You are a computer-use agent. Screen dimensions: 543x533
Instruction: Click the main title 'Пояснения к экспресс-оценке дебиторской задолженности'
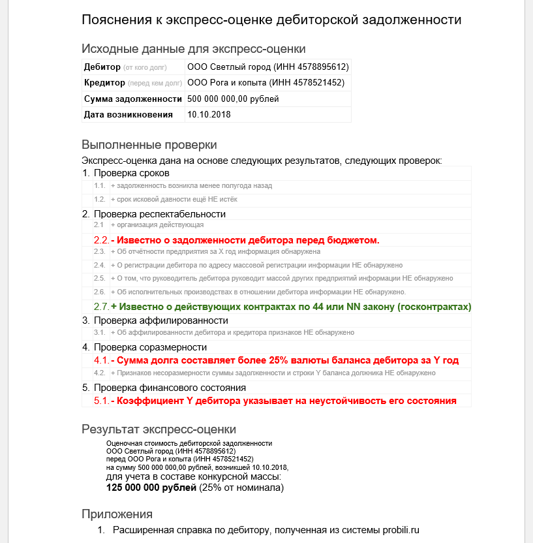pyautogui.click(x=271, y=20)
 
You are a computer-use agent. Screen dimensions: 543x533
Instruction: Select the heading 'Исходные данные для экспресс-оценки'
pyautogui.click(x=193, y=48)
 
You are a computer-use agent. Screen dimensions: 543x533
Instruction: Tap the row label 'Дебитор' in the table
pyautogui.click(x=102, y=67)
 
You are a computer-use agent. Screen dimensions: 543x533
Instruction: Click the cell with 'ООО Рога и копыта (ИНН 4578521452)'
pyautogui.click(x=266, y=83)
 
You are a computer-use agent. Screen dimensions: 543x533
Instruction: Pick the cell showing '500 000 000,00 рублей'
pyautogui.click(x=233, y=99)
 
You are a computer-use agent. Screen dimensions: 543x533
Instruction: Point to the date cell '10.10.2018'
pyautogui.click(x=209, y=114)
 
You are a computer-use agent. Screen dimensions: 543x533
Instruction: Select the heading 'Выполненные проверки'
pyautogui.click(x=149, y=144)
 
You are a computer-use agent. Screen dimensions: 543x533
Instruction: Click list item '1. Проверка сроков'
pyautogui.click(x=131, y=173)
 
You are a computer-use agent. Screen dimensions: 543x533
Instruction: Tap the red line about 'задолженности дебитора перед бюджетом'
pyautogui.click(x=245, y=240)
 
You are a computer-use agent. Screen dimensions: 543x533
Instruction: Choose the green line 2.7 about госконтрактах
pyautogui.click(x=291, y=307)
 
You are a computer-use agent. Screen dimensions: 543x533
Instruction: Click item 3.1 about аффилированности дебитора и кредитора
pyautogui.click(x=232, y=332)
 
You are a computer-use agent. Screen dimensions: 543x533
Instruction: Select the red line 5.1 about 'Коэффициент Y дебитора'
pyautogui.click(x=283, y=401)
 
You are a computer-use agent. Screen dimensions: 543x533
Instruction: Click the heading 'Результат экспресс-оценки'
pyautogui.click(x=159, y=429)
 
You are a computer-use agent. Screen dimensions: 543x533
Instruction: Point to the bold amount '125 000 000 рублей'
pyautogui.click(x=151, y=488)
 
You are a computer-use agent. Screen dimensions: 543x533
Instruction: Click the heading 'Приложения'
pyautogui.click(x=117, y=514)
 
